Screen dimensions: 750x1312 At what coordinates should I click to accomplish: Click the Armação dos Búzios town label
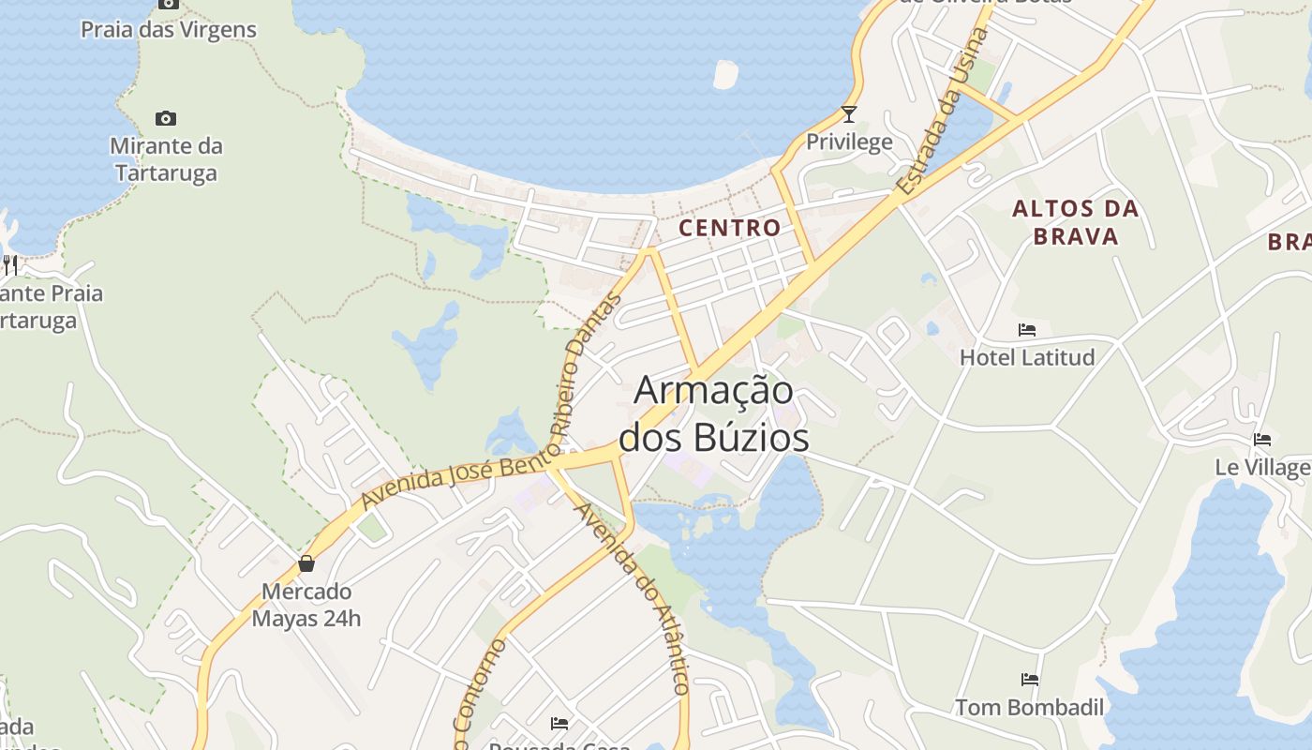tap(714, 413)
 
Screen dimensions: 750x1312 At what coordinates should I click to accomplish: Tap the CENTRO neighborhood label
tap(729, 228)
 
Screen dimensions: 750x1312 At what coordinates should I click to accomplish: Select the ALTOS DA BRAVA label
tap(1076, 222)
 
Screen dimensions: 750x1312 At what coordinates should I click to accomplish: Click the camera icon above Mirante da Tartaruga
tap(166, 118)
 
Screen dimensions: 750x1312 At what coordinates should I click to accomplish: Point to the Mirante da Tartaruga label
tap(166, 159)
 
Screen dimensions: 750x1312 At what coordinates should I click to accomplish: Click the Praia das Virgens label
tap(169, 29)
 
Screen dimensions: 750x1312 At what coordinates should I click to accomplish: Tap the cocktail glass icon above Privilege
tap(849, 114)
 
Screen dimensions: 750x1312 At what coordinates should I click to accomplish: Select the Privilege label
tap(849, 142)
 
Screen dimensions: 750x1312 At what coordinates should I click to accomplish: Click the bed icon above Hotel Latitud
tap(1027, 330)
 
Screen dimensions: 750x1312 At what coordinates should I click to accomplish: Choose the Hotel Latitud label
tap(1027, 357)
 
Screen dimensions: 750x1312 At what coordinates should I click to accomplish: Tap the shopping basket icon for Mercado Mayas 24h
tap(306, 563)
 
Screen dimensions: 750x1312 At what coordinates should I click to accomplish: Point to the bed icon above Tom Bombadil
tap(1030, 680)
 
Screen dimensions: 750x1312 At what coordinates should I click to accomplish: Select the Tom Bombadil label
tap(1030, 708)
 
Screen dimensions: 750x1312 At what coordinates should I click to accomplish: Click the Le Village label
tap(1261, 467)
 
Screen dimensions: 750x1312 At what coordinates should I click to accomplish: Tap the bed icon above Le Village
tap(1262, 439)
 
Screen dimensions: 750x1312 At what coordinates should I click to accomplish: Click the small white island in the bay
tap(725, 74)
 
